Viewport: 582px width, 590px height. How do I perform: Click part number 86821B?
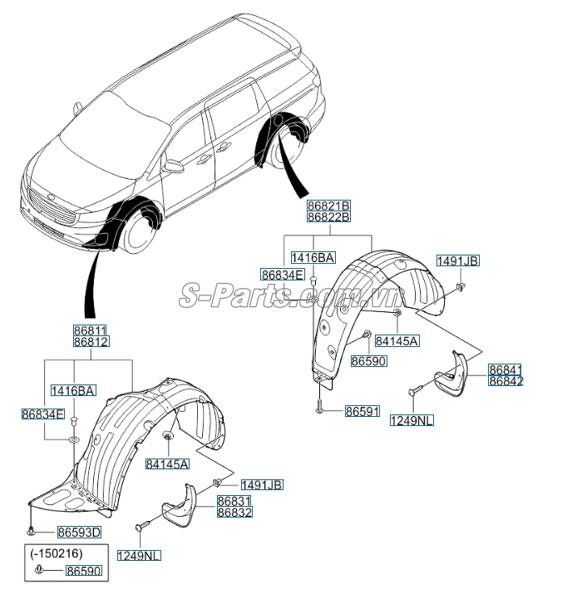(x=328, y=206)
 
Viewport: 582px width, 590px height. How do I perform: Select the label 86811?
(x=90, y=330)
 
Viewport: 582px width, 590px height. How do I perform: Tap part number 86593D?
(x=78, y=533)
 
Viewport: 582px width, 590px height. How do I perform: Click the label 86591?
(x=363, y=410)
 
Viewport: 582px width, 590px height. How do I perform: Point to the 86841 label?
(x=506, y=369)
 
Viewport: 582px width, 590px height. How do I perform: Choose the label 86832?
(x=234, y=513)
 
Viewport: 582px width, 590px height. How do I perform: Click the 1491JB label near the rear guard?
(x=458, y=260)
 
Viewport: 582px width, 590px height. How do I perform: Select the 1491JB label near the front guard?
(x=262, y=484)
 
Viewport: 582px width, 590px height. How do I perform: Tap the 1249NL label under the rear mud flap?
(x=412, y=421)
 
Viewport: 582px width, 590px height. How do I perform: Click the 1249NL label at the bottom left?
(x=138, y=556)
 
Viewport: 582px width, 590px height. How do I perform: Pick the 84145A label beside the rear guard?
(x=397, y=340)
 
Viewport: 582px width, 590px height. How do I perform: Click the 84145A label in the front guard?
(x=167, y=464)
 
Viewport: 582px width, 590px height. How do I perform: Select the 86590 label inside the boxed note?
(x=82, y=573)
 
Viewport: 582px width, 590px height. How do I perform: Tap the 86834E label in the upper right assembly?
(x=283, y=274)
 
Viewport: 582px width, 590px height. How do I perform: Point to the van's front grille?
(x=51, y=206)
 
